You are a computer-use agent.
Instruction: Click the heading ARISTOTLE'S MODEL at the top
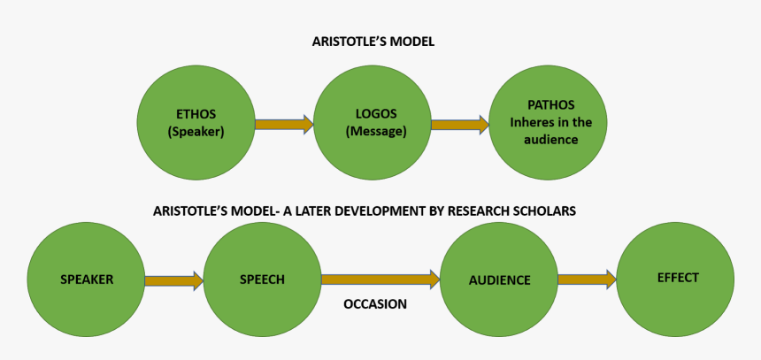click(x=373, y=42)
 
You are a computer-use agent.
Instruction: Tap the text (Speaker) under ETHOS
click(x=196, y=132)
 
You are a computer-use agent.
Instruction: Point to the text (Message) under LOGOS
click(x=376, y=132)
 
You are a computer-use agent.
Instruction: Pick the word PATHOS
click(x=550, y=105)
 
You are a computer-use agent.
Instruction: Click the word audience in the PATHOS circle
click(x=550, y=139)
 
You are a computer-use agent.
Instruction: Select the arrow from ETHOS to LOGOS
click(x=283, y=125)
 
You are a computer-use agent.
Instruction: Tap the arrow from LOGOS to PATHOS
click(x=459, y=125)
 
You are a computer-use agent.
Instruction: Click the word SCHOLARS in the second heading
click(x=548, y=211)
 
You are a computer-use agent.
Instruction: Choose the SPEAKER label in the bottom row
click(x=87, y=280)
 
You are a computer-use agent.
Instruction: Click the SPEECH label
click(x=262, y=280)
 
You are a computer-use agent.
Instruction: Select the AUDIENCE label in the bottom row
click(x=499, y=280)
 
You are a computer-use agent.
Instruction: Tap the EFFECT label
click(x=678, y=278)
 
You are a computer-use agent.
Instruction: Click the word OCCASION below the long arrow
click(x=374, y=304)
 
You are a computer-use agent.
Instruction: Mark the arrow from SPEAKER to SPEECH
click(x=173, y=280)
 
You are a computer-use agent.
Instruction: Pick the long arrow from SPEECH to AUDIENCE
click(x=380, y=280)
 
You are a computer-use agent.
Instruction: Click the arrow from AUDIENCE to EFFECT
click(x=587, y=280)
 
